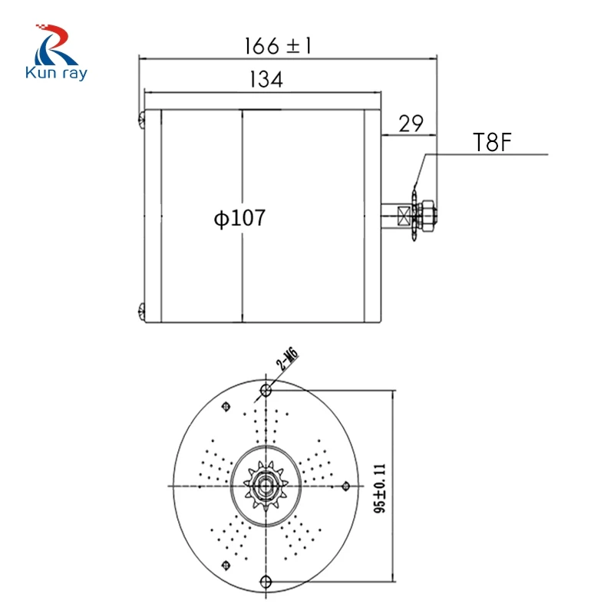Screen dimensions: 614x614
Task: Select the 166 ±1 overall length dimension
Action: point(278,45)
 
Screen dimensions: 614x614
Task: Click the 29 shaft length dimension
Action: point(411,124)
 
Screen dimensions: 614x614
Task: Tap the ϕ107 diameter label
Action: point(240,218)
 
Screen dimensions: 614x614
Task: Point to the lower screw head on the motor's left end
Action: point(142,311)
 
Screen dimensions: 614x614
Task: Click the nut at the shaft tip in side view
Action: point(428,213)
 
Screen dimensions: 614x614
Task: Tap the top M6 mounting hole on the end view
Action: point(266,390)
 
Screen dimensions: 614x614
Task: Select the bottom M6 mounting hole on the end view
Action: point(266,581)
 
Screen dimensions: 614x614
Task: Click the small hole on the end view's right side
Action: point(346,485)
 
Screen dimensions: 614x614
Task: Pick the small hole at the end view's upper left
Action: point(225,407)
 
